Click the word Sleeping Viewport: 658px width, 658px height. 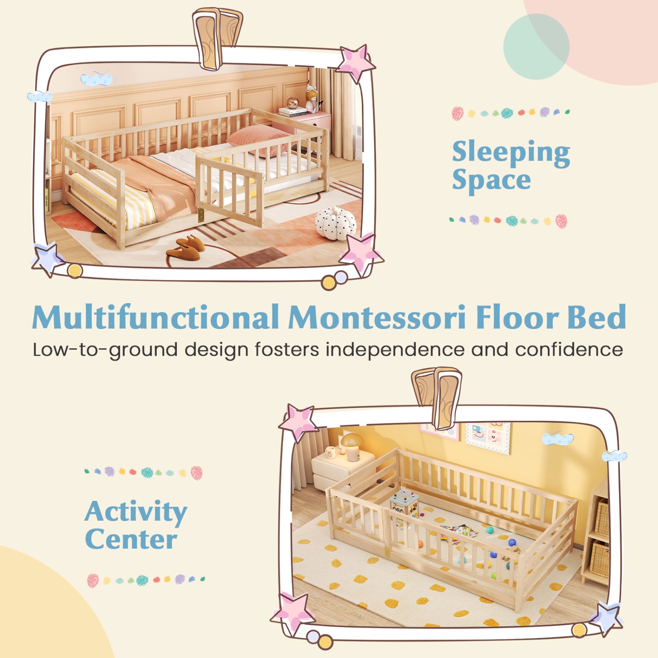(511, 152)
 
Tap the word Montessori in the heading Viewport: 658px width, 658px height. (378, 317)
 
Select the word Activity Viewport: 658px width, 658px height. (136, 512)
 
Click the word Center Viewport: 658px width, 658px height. (131, 540)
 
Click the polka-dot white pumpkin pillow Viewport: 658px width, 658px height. (336, 223)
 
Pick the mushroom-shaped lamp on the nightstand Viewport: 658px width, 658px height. (351, 445)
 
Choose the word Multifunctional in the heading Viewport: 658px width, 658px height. (156, 317)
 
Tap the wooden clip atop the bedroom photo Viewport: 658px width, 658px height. (217, 38)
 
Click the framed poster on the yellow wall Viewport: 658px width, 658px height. (488, 436)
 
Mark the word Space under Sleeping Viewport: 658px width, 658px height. (491, 180)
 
